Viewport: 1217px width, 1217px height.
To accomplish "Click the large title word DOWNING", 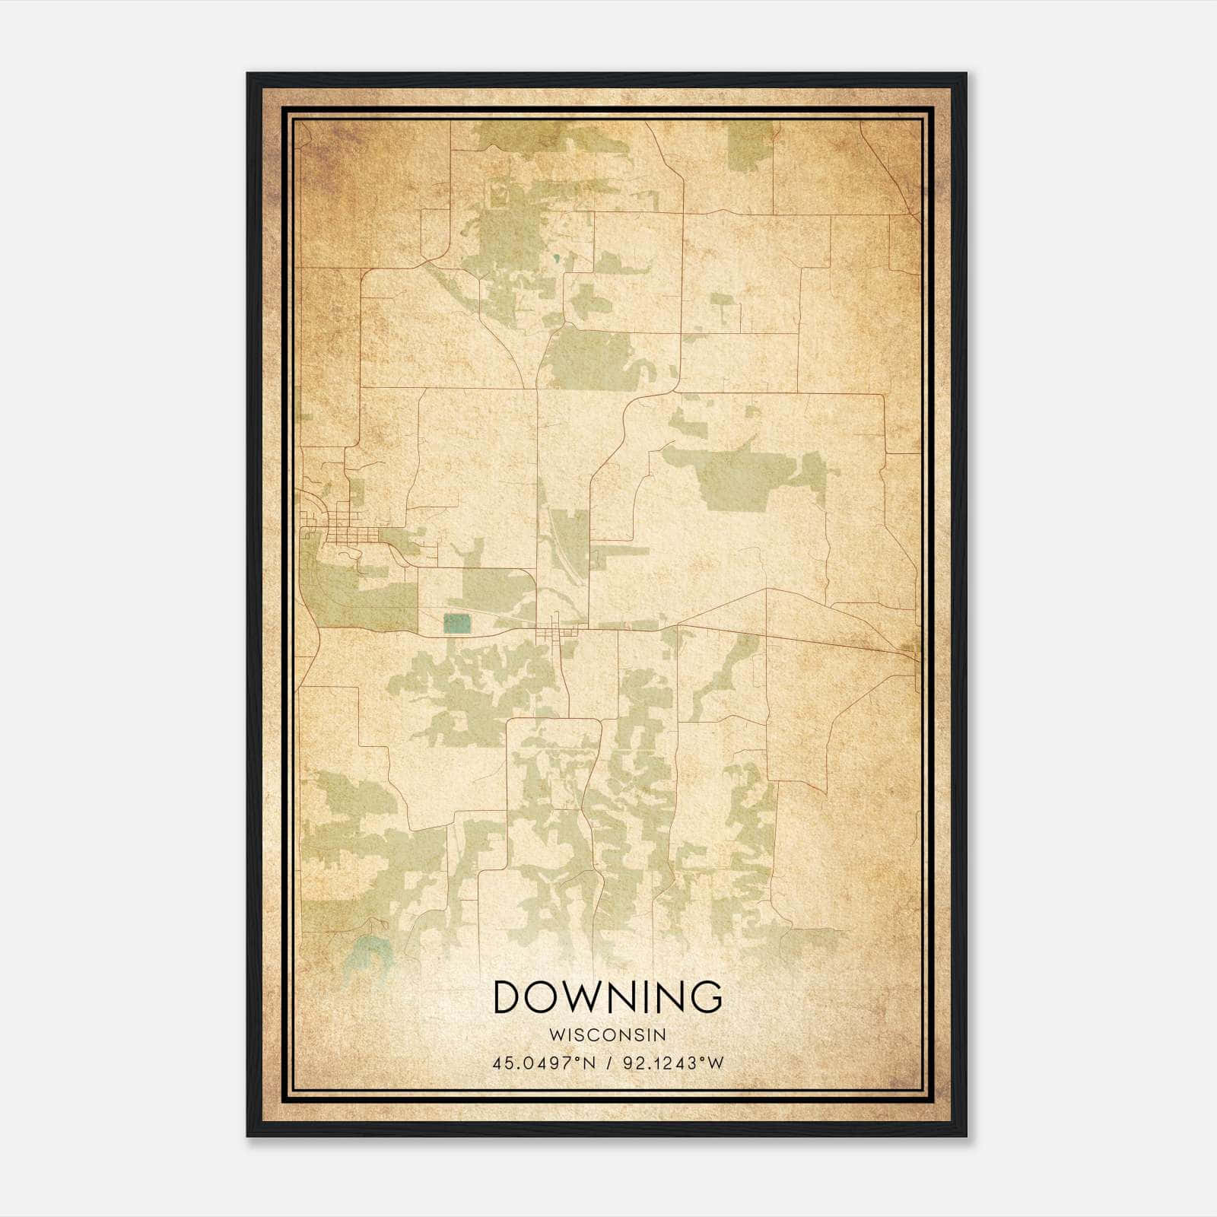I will [x=608, y=997].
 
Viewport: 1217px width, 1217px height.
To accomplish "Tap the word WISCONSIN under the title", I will [x=608, y=1034].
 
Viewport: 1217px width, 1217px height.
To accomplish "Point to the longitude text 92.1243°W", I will [x=673, y=1063].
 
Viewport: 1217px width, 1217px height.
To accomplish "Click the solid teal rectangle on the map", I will [x=457, y=624].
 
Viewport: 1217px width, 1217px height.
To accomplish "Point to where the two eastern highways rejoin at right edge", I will [x=910, y=651].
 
